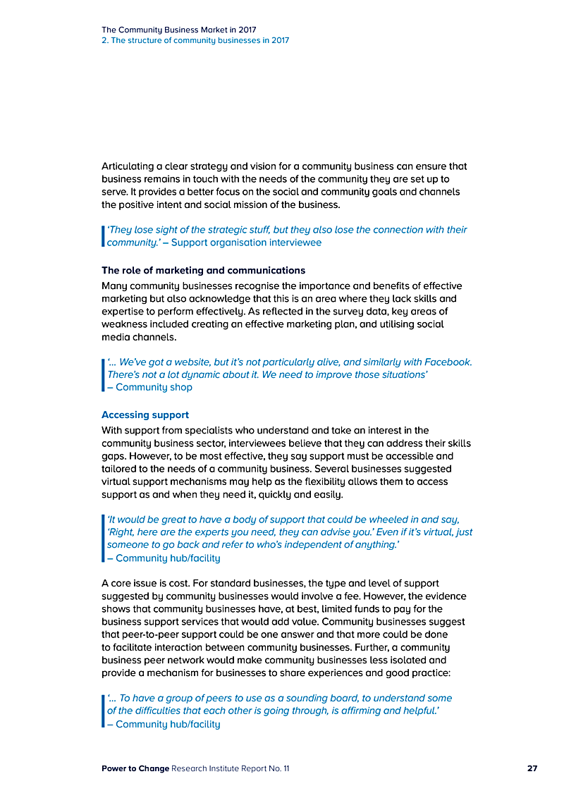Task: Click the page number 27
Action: (x=532, y=768)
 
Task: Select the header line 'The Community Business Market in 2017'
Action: (x=179, y=30)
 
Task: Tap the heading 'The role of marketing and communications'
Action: (x=203, y=270)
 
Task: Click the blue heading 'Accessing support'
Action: (x=145, y=415)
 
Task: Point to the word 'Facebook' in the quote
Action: (x=449, y=362)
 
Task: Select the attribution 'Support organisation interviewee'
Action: (x=246, y=243)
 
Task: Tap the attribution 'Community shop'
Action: (x=154, y=387)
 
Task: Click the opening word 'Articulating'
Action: (x=131, y=166)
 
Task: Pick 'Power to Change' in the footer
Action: (x=135, y=768)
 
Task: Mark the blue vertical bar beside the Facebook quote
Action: (x=103, y=374)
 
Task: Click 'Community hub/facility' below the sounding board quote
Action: (x=168, y=724)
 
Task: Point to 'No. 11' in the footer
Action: (x=278, y=768)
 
